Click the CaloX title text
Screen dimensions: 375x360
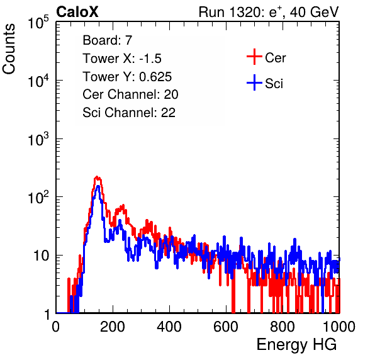pyautogui.click(x=77, y=12)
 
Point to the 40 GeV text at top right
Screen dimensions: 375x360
pyautogui.click(x=314, y=12)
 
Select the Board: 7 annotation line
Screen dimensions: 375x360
pyautogui.click(x=107, y=40)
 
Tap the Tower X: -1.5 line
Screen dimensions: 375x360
pyautogui.click(x=122, y=58)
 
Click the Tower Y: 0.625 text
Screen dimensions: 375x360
pyautogui.click(x=127, y=76)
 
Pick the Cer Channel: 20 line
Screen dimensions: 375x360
pyautogui.click(x=130, y=94)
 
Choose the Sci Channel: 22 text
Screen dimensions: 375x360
pyautogui.click(x=129, y=113)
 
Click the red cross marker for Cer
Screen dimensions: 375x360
pyautogui.click(x=254, y=57)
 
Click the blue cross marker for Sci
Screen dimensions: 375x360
pyautogui.click(x=254, y=82)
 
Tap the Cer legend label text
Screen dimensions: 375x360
pyautogui.click(x=275, y=58)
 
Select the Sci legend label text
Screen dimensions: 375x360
pyautogui.click(x=274, y=84)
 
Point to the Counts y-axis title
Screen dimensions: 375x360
pyautogui.click(x=9, y=48)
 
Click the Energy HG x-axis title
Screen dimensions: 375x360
pyautogui.click(x=296, y=344)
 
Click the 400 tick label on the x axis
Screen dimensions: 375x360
pyautogui.click(x=169, y=327)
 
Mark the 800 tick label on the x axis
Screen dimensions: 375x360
pyautogui.click(x=283, y=327)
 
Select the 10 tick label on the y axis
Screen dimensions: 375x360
pyautogui.click(x=41, y=256)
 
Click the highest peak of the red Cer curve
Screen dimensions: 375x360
pyautogui.click(x=97, y=177)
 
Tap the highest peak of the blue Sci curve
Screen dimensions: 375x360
pyautogui.click(x=98, y=186)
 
